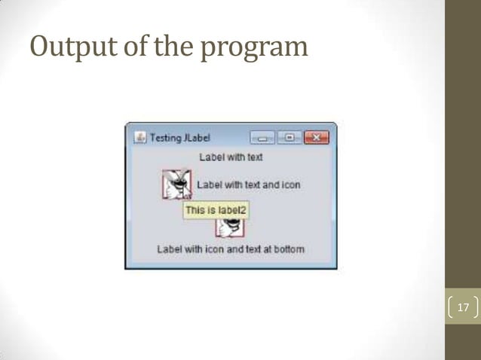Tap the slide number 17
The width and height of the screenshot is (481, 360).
tap(463, 308)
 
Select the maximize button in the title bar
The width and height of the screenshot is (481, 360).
tap(290, 138)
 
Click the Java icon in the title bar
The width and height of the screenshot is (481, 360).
tap(139, 138)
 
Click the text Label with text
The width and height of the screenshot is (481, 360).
tap(231, 157)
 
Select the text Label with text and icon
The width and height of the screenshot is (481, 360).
tap(248, 185)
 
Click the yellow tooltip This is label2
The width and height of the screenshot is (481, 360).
tap(216, 211)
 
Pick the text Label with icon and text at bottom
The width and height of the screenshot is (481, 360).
tap(231, 249)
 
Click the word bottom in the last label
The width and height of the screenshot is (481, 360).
tap(289, 249)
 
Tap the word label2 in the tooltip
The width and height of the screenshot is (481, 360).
tap(232, 211)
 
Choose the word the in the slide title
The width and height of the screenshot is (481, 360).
tap(175, 47)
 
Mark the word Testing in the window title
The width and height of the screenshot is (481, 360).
tap(165, 138)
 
